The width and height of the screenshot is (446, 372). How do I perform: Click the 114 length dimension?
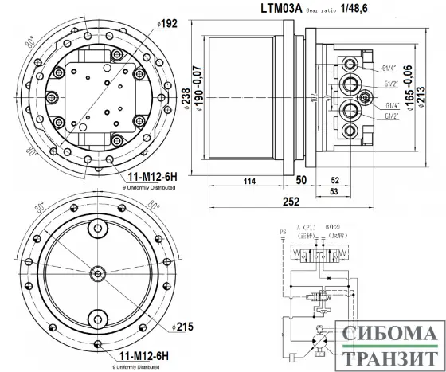click(249, 182)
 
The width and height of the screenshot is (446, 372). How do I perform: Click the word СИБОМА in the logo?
click(391, 335)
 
